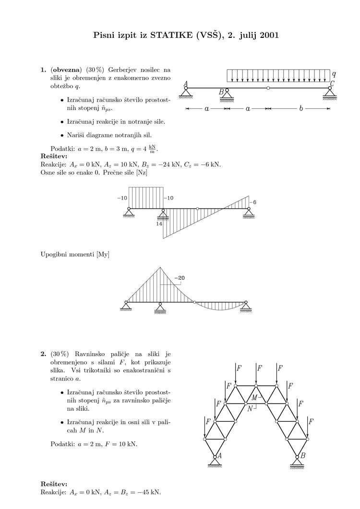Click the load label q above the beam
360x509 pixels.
334,74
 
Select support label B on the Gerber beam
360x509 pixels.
221,92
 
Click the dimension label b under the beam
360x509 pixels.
301,109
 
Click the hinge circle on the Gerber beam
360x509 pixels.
268,88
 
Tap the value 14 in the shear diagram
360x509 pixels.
159,223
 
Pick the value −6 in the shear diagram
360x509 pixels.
254,202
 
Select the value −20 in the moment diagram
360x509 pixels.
180,278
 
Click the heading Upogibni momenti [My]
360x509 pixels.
75,254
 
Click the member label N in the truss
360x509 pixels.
250,408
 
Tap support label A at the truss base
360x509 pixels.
219,456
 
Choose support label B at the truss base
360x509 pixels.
303,456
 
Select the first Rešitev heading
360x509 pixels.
54,156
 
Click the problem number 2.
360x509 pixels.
43,354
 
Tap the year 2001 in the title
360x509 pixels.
268,35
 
